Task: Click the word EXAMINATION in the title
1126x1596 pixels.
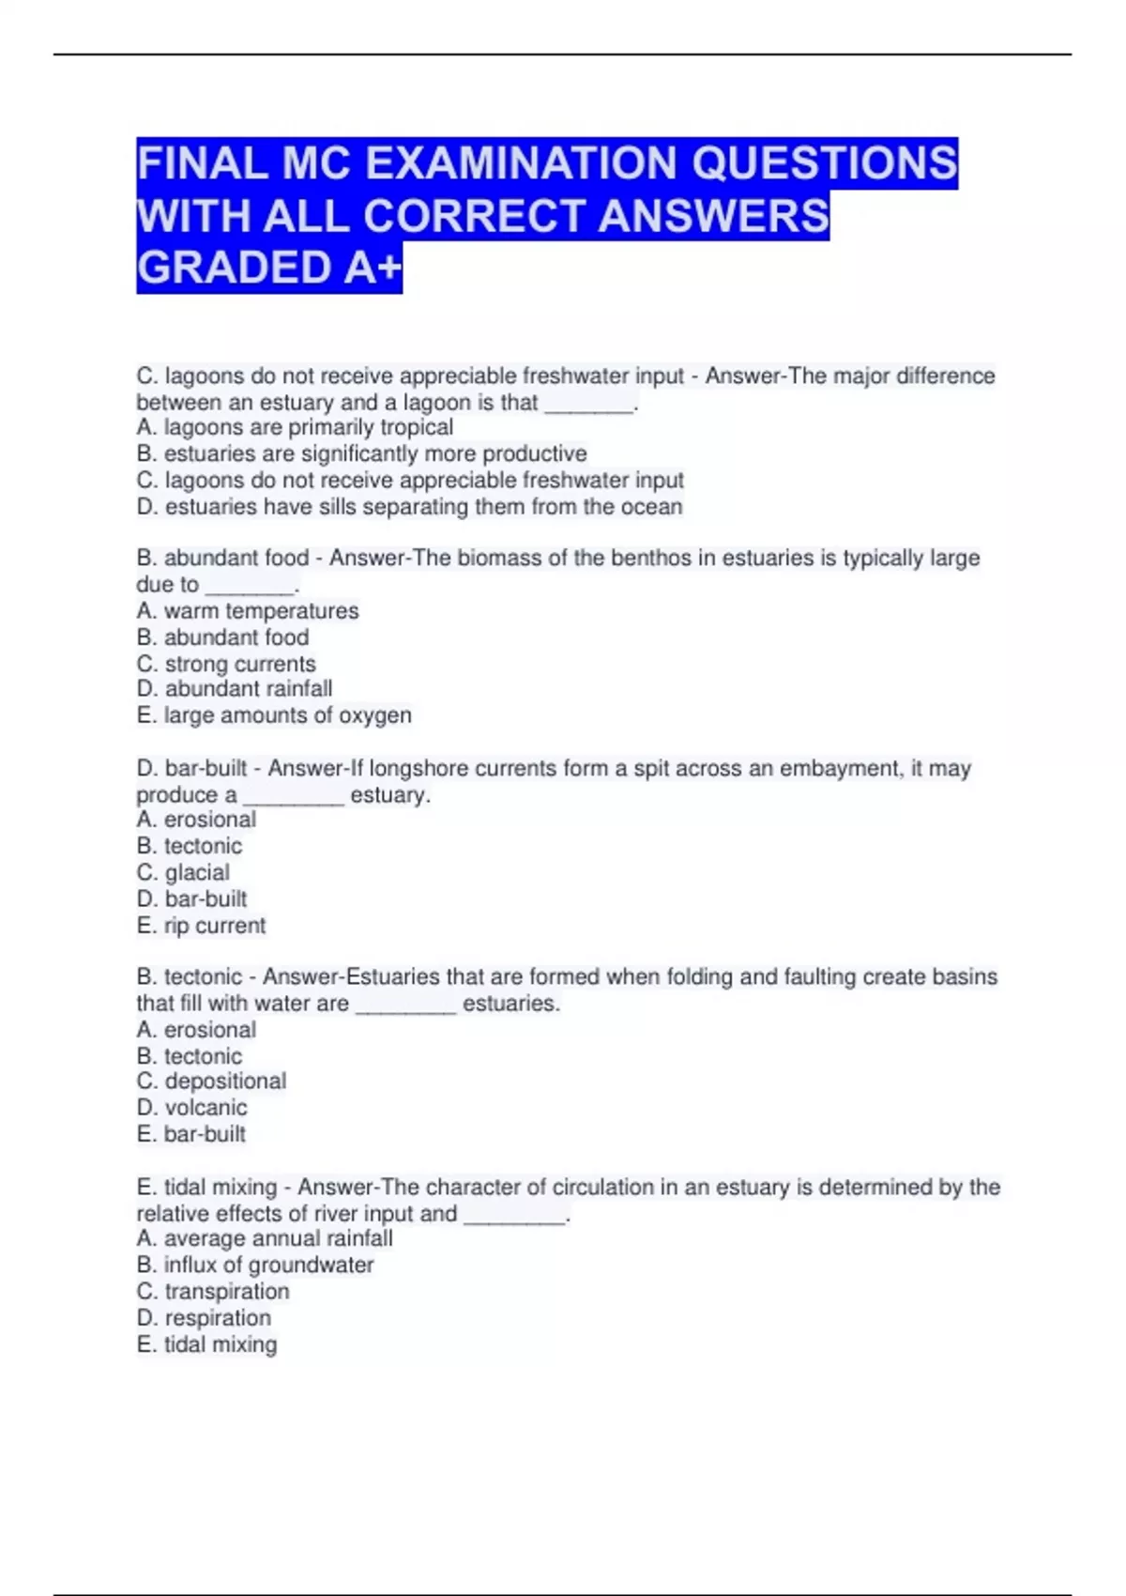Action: (522, 163)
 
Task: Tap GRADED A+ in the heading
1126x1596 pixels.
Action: (269, 268)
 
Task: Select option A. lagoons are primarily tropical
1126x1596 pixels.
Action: (295, 428)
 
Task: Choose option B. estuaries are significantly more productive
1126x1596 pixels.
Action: (361, 454)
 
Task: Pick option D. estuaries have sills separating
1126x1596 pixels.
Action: (409, 507)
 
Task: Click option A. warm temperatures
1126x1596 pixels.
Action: (248, 611)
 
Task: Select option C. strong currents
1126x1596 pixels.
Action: (226, 664)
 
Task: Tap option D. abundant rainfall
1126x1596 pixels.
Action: (235, 689)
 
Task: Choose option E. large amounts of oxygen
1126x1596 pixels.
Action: (274, 715)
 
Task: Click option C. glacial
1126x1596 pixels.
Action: (183, 872)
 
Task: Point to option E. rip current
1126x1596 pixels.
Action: (201, 926)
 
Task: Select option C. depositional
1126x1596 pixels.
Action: (211, 1082)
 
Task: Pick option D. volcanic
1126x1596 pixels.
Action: (191, 1108)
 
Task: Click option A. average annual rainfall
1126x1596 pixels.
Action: (265, 1239)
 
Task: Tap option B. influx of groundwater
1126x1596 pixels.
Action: (255, 1266)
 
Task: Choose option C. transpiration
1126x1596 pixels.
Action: (213, 1292)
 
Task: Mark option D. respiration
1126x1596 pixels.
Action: (204, 1318)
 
